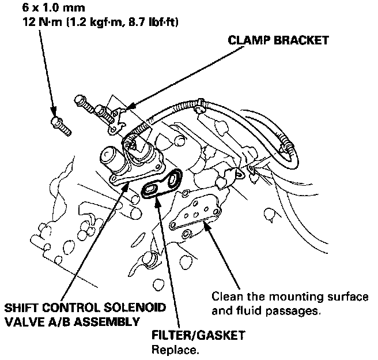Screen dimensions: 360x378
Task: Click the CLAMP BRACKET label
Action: coord(278,40)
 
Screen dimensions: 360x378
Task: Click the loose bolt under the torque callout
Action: coord(60,125)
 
